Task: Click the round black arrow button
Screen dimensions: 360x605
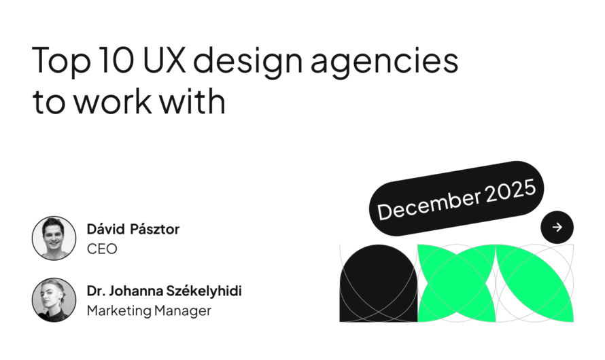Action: point(557,228)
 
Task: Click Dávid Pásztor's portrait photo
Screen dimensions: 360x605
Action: point(54,238)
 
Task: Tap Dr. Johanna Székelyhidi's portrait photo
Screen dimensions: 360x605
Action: point(54,300)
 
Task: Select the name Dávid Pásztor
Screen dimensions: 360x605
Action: point(133,230)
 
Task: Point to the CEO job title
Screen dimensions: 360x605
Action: point(102,249)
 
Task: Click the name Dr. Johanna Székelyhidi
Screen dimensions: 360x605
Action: point(164,291)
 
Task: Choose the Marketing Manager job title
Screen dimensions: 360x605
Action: point(149,311)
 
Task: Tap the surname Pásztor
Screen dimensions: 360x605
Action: point(156,230)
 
